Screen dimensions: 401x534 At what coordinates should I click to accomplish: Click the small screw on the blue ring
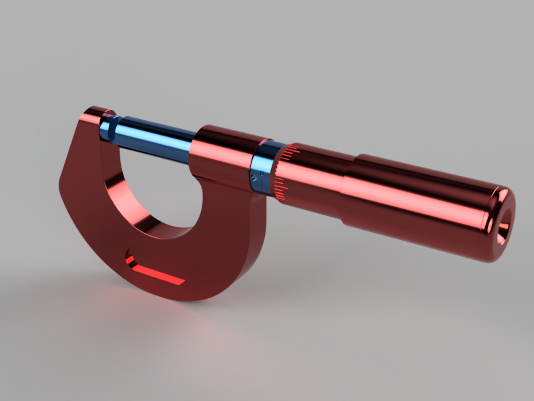(254, 178)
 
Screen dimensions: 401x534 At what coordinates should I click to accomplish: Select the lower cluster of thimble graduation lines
(280, 190)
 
